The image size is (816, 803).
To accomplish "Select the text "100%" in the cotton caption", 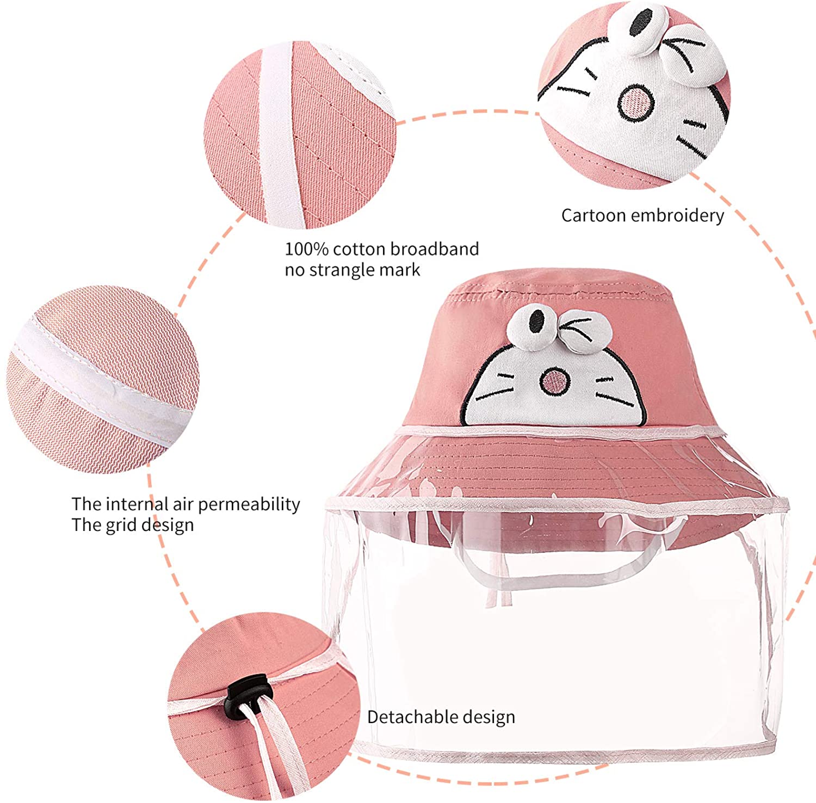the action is pos(307,249).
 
